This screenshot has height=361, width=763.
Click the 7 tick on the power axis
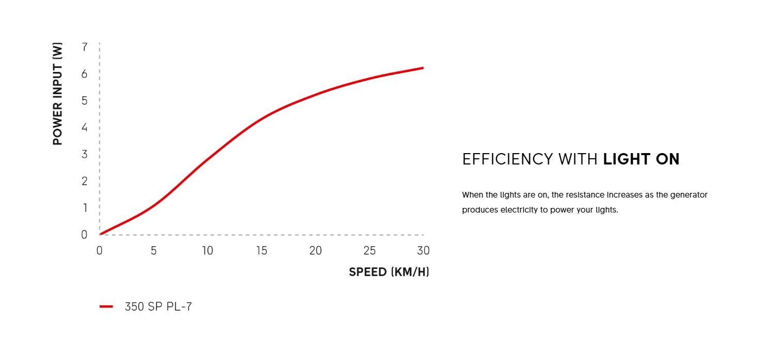(x=85, y=47)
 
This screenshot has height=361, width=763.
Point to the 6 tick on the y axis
(x=85, y=74)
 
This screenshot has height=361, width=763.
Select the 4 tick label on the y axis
(x=85, y=127)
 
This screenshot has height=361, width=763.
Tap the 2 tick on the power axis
(x=85, y=181)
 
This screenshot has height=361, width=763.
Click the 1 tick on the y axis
(x=85, y=208)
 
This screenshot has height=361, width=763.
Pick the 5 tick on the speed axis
(x=153, y=251)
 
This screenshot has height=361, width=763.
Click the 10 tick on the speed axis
(x=207, y=251)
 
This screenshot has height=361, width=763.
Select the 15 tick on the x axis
(x=261, y=251)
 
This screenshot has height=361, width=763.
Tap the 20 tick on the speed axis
(x=315, y=251)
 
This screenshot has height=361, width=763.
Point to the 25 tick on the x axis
(x=369, y=251)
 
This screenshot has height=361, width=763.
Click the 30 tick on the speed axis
(x=423, y=251)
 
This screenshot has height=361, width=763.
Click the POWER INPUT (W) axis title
(x=57, y=94)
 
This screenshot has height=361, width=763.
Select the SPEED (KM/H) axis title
(x=388, y=272)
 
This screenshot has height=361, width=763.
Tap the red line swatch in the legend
(x=106, y=307)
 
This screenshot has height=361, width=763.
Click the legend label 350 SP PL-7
(x=158, y=307)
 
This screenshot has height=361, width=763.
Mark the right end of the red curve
(x=423, y=68)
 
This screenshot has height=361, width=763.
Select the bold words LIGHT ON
(x=641, y=159)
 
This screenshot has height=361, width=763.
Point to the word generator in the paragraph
(x=689, y=195)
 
